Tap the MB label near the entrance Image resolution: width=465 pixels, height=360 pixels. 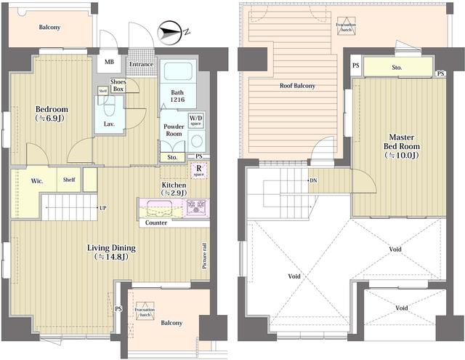[x=108, y=62]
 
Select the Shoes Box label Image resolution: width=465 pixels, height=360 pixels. [x=118, y=86]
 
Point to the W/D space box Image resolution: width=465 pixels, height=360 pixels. [x=196, y=120]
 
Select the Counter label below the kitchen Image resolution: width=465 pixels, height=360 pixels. [x=156, y=223]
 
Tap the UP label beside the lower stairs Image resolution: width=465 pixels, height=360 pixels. [x=102, y=208]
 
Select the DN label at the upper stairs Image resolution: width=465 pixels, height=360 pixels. [x=313, y=180]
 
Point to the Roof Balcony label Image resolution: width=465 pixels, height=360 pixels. [x=298, y=86]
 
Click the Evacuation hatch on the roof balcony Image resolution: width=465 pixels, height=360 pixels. [x=346, y=28]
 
